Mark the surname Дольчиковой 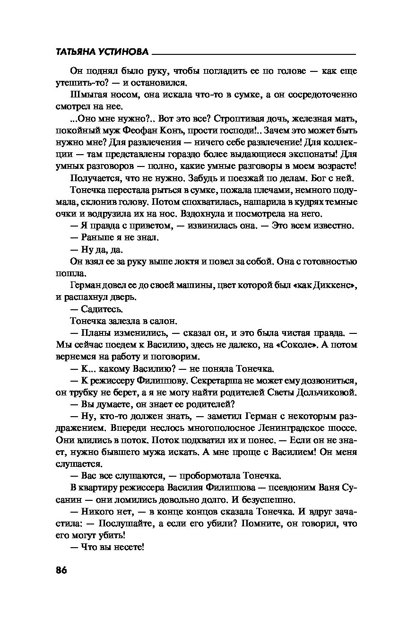tap(326, 392)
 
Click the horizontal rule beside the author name tap(255, 53)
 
